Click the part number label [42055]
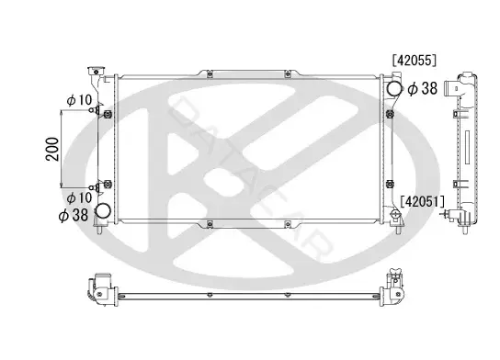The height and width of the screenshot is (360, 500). [x=415, y=61]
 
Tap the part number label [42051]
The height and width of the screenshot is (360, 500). [x=422, y=201]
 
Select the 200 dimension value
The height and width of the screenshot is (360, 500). [x=52, y=149]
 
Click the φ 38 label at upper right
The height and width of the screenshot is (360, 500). [x=423, y=88]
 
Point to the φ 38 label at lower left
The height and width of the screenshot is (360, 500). [x=74, y=215]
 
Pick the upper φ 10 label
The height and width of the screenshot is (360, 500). [x=79, y=100]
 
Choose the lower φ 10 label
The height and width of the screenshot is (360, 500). [x=79, y=197]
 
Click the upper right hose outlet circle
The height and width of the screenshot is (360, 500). [x=394, y=88]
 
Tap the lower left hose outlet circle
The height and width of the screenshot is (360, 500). [x=103, y=211]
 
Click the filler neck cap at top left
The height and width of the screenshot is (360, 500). [x=96, y=71]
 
